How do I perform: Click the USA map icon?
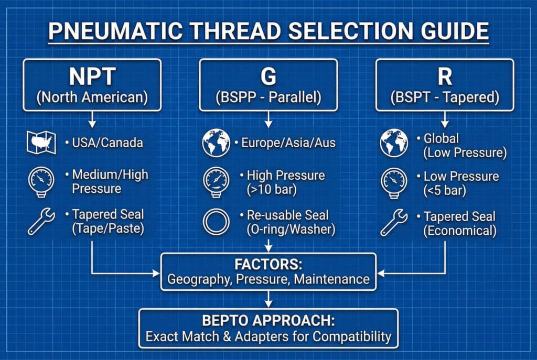click(41, 143)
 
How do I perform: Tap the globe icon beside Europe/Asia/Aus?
click(216, 143)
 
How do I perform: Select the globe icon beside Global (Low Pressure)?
click(394, 143)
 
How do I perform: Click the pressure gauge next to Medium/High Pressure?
click(41, 182)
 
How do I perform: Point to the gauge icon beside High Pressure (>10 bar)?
click(216, 182)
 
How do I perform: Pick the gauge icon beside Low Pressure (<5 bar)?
click(394, 183)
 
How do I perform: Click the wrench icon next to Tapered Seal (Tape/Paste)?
click(41, 222)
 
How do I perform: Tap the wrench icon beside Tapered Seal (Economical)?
click(394, 223)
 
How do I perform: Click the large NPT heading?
click(92, 77)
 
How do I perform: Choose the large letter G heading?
click(268, 77)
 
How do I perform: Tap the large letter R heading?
click(445, 77)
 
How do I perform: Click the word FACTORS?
click(268, 265)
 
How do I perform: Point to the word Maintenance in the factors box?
click(332, 279)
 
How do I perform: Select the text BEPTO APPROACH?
click(268, 321)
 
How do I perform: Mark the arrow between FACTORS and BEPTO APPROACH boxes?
click(268, 299)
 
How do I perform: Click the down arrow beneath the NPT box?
click(92, 119)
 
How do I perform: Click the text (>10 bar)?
click(272, 190)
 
